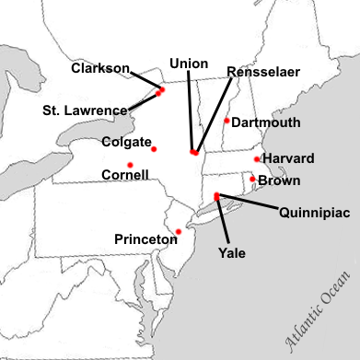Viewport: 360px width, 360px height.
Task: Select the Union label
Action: [x=189, y=64]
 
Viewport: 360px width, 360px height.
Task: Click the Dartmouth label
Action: [x=267, y=122]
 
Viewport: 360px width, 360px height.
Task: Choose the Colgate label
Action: [x=126, y=143]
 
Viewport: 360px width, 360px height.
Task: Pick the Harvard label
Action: [x=288, y=158]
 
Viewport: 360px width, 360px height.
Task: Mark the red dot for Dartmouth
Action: [x=226, y=120]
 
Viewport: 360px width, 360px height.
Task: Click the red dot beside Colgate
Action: [x=154, y=148]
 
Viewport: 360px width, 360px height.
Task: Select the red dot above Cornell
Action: [x=131, y=165]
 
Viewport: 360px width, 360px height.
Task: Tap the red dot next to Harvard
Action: [x=256, y=159]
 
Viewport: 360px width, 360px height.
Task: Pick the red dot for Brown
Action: [x=252, y=179]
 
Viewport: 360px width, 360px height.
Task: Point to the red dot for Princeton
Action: [x=179, y=231]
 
